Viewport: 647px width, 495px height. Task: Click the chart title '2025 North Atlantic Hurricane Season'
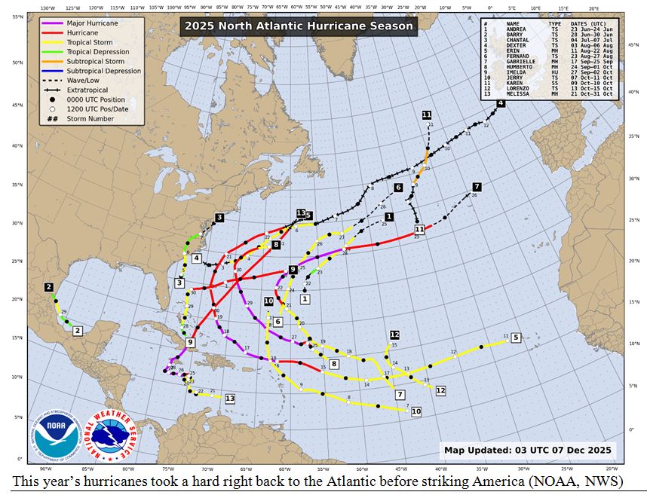(297, 26)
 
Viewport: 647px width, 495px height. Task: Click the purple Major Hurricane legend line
(56, 23)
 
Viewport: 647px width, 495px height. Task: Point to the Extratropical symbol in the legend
(56, 90)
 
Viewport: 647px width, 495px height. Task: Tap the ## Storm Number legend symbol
(53, 118)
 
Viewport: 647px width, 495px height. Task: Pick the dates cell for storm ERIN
(588, 50)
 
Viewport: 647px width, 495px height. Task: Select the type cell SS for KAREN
(554, 83)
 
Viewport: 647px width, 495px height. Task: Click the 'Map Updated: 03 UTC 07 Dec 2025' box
(528, 451)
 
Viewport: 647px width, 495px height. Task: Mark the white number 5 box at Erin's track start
(516, 338)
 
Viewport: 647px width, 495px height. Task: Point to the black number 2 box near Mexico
(49, 287)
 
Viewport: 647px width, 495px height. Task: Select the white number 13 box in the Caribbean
(229, 398)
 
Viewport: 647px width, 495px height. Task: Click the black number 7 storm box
(477, 187)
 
